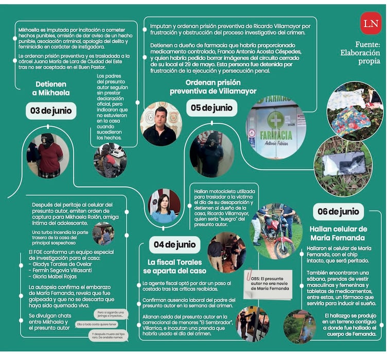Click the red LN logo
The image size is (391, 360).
(x=370, y=23)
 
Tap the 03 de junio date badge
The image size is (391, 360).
(x=51, y=111)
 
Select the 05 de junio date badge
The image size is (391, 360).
(x=212, y=108)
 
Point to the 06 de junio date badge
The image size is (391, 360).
(x=337, y=211)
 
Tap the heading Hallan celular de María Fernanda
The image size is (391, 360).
(x=338, y=233)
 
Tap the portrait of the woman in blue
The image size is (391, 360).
(x=164, y=206)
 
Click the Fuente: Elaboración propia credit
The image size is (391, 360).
(x=360, y=52)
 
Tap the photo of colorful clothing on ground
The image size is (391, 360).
(x=355, y=111)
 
